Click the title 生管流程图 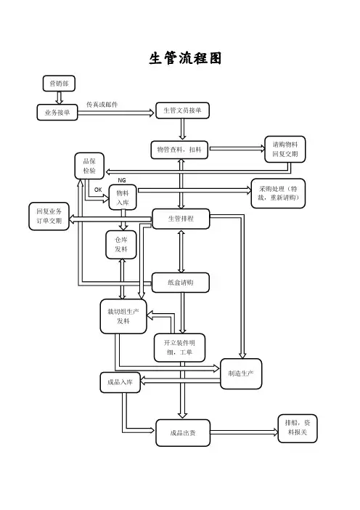tap(185, 59)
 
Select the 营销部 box tap(59, 84)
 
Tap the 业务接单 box tap(57, 113)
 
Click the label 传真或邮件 tap(102, 105)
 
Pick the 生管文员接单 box tap(182, 110)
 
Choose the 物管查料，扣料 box tap(179, 150)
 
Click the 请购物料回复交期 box tap(285, 149)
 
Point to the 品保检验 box tap(89, 166)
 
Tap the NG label tap(122, 180)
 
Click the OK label tap(98, 190)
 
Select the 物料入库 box tap(123, 198)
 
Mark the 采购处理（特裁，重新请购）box tap(278, 193)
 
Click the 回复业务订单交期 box tap(49, 216)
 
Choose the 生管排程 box tap(181, 219)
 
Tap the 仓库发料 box tap(121, 245)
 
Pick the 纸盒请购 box tap(180, 283)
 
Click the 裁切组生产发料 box tap(123, 317)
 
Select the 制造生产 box tap(241, 373)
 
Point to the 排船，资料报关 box tap(298, 428)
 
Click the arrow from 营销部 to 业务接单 tap(59, 98)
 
